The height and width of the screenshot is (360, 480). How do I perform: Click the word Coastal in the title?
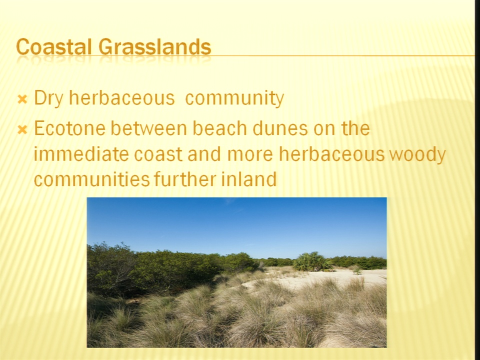point(54,47)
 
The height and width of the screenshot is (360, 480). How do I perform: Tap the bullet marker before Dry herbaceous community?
point(22,99)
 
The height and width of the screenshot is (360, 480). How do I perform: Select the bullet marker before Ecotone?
point(22,130)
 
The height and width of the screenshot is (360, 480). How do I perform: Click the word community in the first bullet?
point(234,98)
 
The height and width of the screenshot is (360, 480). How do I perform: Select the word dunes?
point(280,128)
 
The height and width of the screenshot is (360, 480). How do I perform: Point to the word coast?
point(158,154)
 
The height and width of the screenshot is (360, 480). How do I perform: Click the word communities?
point(91,179)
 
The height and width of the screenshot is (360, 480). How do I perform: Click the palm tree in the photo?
point(311,261)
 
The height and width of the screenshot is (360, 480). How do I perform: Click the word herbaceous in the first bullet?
point(122,98)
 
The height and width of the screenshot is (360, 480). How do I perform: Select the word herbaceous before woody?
point(331,153)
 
